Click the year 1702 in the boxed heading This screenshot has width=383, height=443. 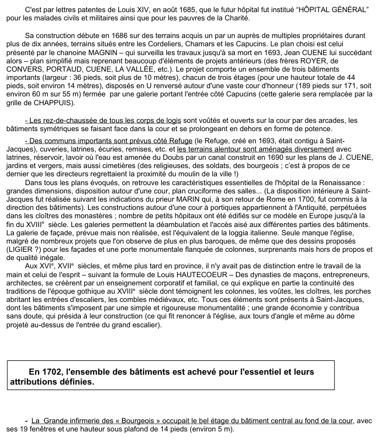(x=52, y=370)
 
